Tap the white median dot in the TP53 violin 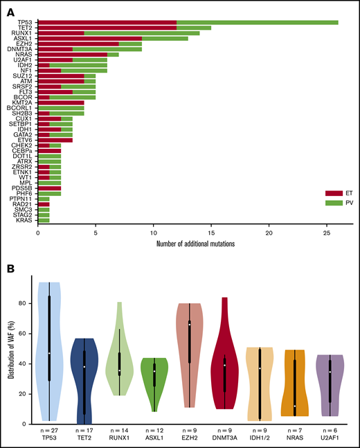point(49,353)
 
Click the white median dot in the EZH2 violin point(189,323)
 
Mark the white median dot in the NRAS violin point(295,406)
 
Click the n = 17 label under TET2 point(84,433)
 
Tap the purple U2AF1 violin point(330,385)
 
